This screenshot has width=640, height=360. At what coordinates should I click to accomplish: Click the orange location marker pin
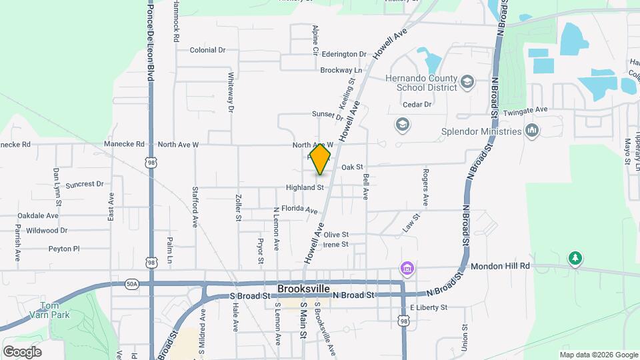pos(321,159)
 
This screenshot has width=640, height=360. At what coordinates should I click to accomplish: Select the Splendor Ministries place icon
pos(531,130)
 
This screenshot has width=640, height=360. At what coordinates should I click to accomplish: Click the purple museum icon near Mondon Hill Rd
pos(406,269)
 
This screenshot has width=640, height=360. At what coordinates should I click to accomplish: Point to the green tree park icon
pos(575,258)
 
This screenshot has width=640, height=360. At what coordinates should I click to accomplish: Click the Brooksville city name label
pos(303,289)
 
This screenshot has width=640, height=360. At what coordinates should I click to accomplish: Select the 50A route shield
pos(131,284)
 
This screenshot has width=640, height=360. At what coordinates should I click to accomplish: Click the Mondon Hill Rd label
pos(500,266)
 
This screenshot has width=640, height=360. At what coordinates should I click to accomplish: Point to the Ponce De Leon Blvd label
pos(151,40)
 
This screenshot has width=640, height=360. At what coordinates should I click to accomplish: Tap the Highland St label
pos(305,188)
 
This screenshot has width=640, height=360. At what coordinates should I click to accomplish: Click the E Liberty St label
pos(428,307)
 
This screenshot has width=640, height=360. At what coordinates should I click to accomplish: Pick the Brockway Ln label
pos(341,70)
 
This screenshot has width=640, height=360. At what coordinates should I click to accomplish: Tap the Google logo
pos(22,351)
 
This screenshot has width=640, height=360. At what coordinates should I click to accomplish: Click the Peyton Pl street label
pos(64,249)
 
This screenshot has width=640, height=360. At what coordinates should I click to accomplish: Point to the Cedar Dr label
pos(417,105)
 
